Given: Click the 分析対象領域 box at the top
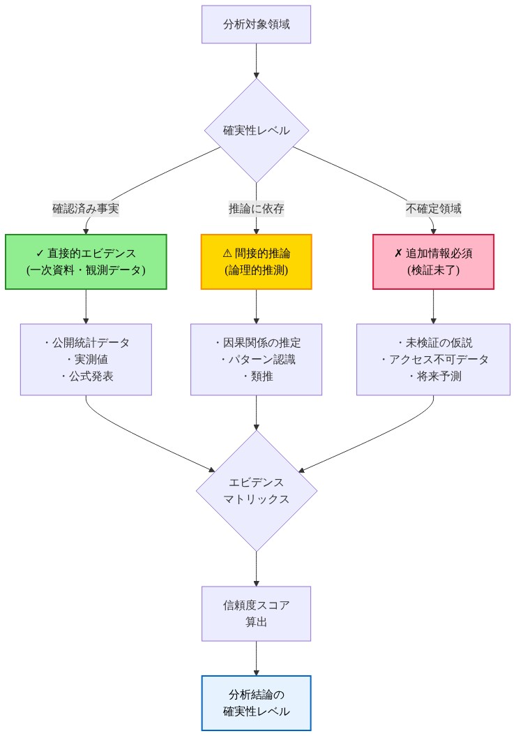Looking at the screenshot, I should (256, 24).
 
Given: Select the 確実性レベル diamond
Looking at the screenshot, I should (256, 131).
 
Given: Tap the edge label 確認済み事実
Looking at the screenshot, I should (86, 208).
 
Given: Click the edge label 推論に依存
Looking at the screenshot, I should (256, 208).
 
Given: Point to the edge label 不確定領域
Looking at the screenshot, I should (433, 208).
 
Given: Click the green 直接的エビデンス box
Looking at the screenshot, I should (86, 261).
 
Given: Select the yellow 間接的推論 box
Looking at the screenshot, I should (256, 261).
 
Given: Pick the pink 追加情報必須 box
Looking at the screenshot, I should (433, 261).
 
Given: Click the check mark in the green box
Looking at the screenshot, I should (40, 253).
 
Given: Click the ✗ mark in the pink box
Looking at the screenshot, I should (398, 253).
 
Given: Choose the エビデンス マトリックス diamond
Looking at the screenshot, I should (256, 491).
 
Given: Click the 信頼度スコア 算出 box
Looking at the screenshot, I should (256, 613).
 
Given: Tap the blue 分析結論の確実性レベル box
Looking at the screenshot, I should (256, 702).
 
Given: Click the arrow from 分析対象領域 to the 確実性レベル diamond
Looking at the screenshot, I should (256, 61).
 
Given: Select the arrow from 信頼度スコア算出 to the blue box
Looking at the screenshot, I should (256, 658).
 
